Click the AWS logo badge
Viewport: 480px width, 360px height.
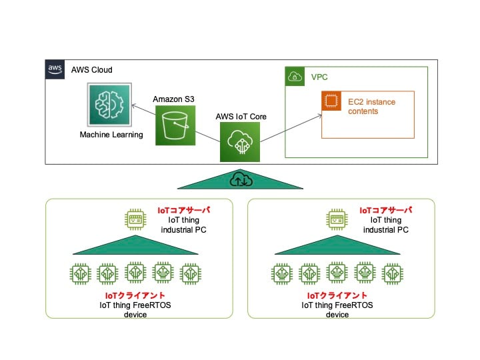pyautogui.click(x=55, y=69)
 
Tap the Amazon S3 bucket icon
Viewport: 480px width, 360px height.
pyautogui.click(x=175, y=125)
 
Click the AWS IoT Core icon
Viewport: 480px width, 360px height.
pyautogui.click(x=239, y=141)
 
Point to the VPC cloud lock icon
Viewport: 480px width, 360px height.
pyautogui.click(x=294, y=77)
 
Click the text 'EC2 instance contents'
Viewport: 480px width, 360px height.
pyautogui.click(x=372, y=105)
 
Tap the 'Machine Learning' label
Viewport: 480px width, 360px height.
pyautogui.click(x=111, y=135)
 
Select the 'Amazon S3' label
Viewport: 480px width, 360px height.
pyautogui.click(x=174, y=99)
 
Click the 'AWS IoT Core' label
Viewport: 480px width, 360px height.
pyautogui.click(x=240, y=115)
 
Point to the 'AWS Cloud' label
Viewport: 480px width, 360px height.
pyautogui.click(x=92, y=70)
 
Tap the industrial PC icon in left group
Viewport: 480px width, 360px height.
pyautogui.click(x=136, y=218)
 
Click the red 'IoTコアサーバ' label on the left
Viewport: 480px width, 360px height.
pyautogui.click(x=183, y=210)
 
